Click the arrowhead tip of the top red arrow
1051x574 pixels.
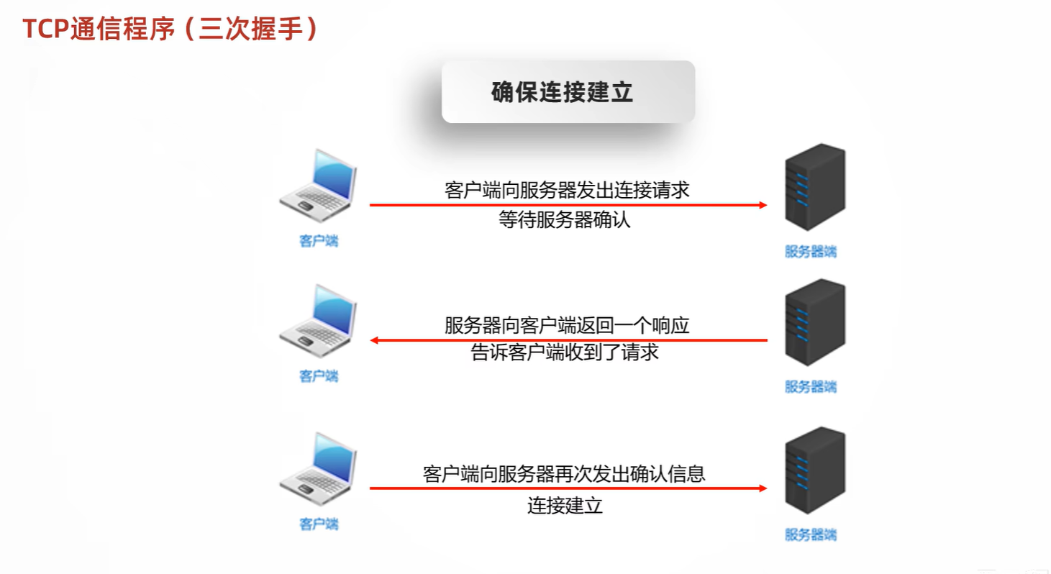point(767,204)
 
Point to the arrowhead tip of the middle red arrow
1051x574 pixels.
point(370,340)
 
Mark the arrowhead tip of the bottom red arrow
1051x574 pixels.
point(767,488)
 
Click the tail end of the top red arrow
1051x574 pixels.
point(370,204)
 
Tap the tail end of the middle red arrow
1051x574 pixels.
point(767,340)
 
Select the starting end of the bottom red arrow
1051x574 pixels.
point(370,488)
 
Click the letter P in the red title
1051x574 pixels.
point(60,29)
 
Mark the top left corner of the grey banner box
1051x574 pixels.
point(442,61)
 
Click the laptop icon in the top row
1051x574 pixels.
point(319,186)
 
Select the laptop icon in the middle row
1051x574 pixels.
point(319,321)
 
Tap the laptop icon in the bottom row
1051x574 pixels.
point(319,469)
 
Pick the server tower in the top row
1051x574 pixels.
point(816,187)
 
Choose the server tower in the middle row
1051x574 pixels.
point(816,322)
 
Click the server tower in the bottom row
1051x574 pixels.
point(816,470)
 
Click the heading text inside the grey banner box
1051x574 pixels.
point(563,92)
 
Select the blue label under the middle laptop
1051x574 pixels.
point(319,376)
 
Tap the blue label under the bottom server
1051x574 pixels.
point(811,534)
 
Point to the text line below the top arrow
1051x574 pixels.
point(565,219)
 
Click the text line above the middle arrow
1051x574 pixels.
point(568,325)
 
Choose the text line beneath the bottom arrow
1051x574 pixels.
point(565,506)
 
